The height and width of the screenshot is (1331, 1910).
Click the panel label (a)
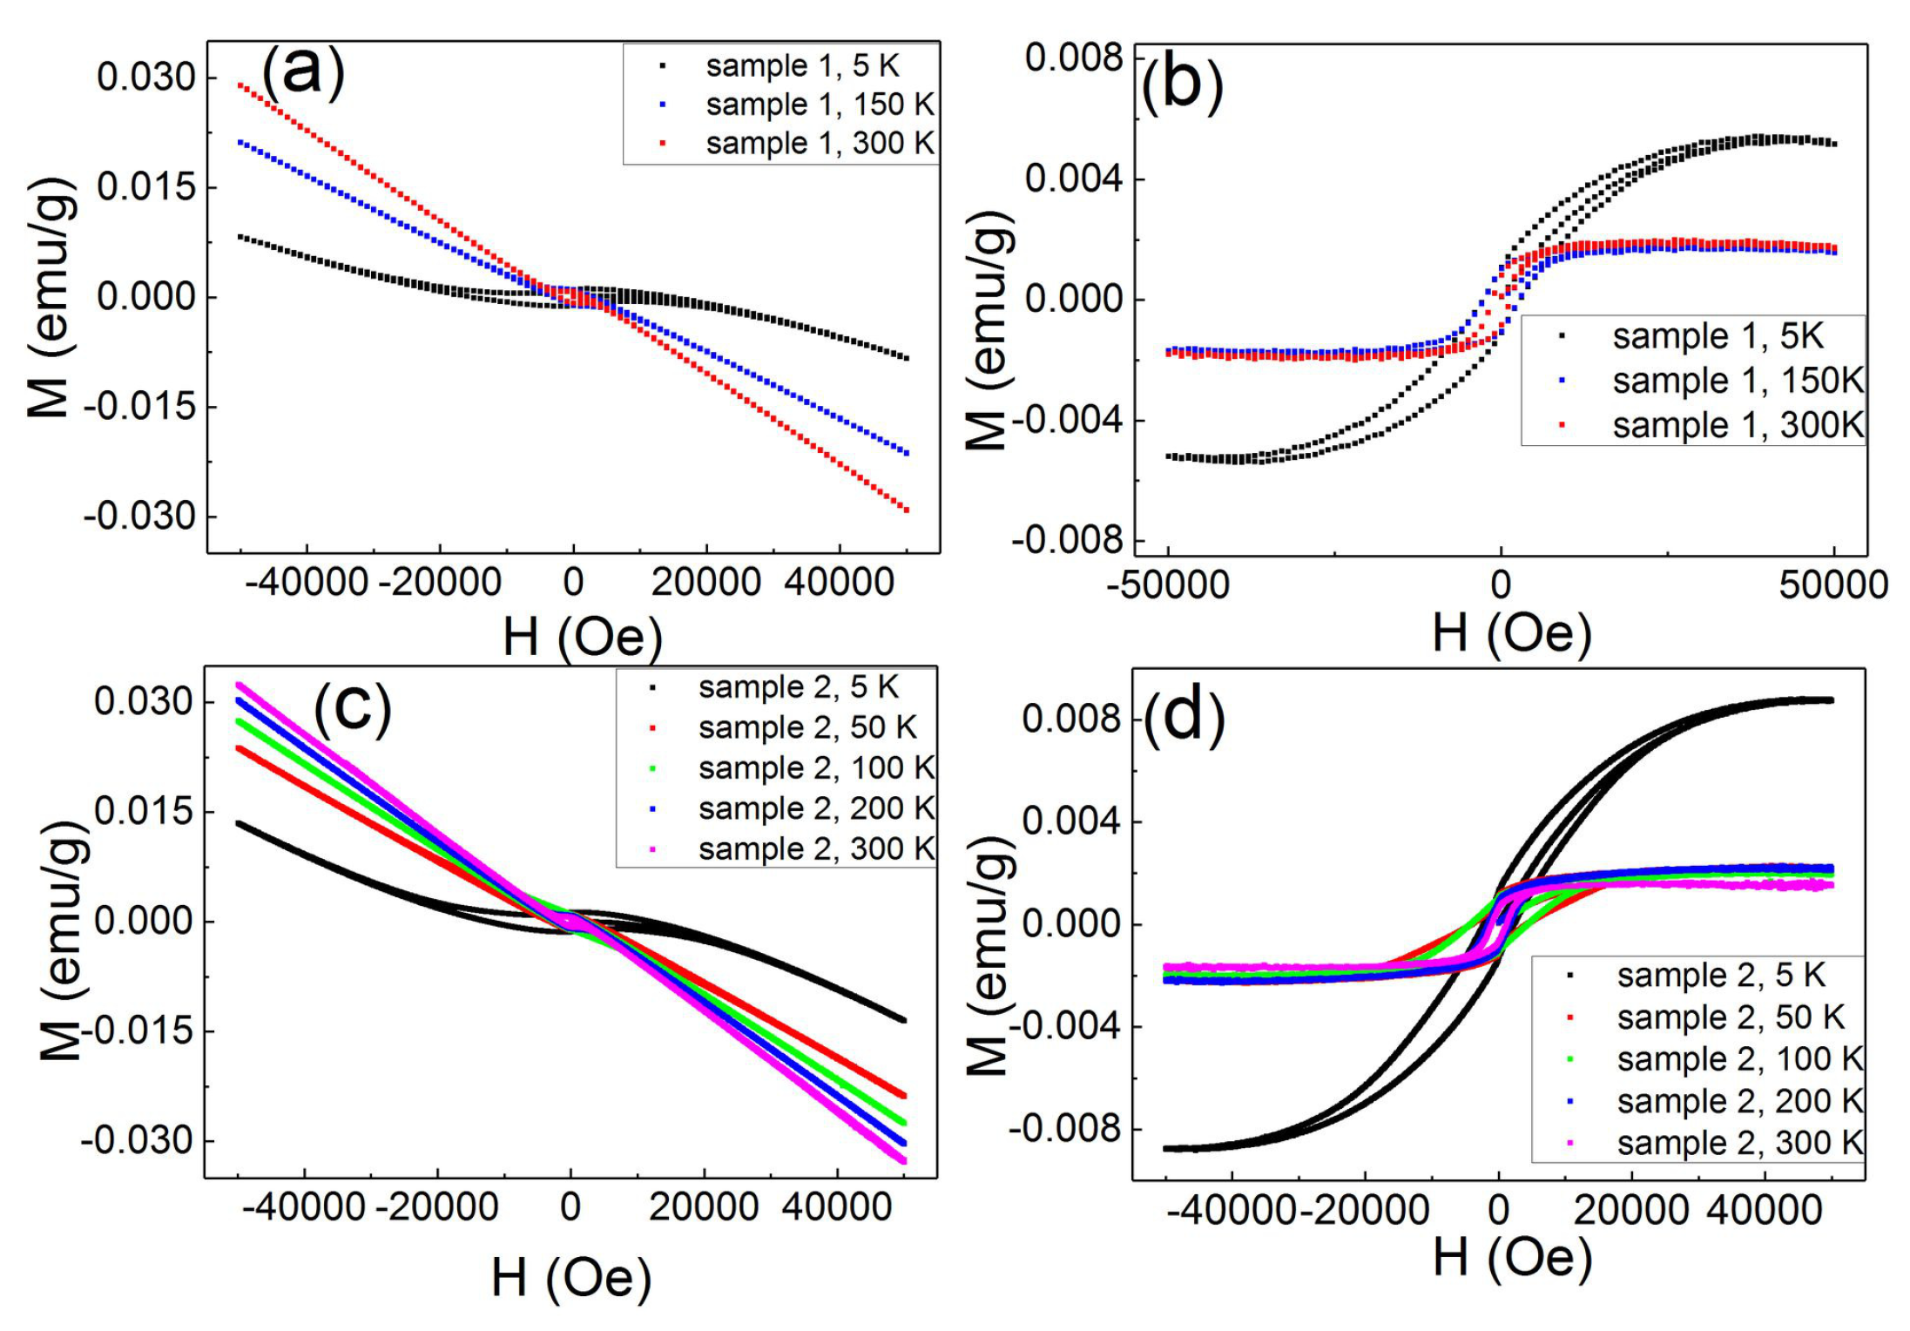pyautogui.click(x=303, y=73)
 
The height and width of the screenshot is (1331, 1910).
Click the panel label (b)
pyautogui.click(x=1183, y=87)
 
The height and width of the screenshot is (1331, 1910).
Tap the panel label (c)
pyautogui.click(x=353, y=707)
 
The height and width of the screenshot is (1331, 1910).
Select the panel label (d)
pyautogui.click(x=1184, y=720)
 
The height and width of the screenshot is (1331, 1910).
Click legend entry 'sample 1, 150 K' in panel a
pyautogui.click(x=819, y=105)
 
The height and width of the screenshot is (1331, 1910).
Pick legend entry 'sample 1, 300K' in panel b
pyautogui.click(x=1737, y=425)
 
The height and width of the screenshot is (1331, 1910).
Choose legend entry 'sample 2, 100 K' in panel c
pyautogui.click(x=816, y=768)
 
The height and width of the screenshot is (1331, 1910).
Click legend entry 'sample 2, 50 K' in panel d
pyautogui.click(x=1730, y=1017)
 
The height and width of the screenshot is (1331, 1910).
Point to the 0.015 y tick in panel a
pyautogui.click(x=146, y=187)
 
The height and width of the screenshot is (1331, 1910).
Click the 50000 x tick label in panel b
pyautogui.click(x=1833, y=584)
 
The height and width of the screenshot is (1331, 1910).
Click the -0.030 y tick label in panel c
pyautogui.click(x=137, y=1140)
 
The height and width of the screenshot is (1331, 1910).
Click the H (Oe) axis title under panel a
pyautogui.click(x=583, y=637)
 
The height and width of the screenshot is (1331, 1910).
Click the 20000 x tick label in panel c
pyautogui.click(x=704, y=1207)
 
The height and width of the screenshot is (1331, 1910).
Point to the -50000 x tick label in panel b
pyautogui.click(x=1167, y=584)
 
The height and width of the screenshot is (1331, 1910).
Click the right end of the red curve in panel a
pyautogui.click(x=908, y=510)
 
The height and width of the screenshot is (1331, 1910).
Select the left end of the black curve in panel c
pyautogui.click(x=239, y=822)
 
